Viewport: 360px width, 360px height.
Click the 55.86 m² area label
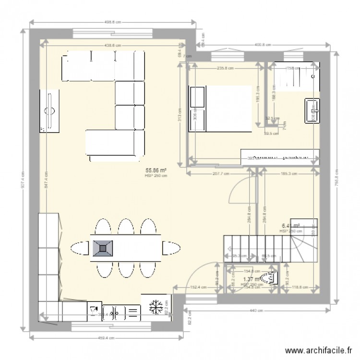(156, 170)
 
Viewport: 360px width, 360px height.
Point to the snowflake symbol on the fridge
(155, 306)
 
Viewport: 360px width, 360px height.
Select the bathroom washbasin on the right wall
(312, 111)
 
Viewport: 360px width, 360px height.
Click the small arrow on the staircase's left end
(232, 249)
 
